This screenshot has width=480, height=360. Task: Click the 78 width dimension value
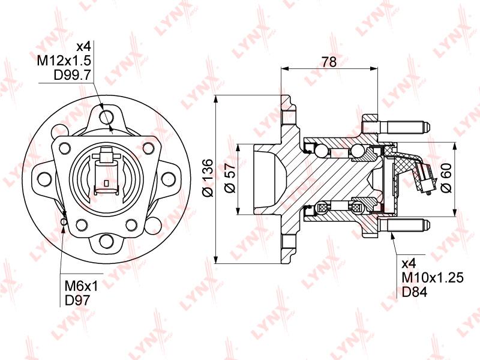(x=329, y=61)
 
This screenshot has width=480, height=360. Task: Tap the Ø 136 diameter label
(x=208, y=178)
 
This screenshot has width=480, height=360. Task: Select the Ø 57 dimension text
(x=228, y=178)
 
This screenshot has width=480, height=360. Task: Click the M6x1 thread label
(x=80, y=286)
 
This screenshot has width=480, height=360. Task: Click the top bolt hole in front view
(x=107, y=116)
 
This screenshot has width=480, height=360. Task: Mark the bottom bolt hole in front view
(x=107, y=242)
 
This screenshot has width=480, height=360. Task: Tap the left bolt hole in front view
(x=44, y=179)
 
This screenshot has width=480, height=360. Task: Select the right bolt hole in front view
(x=170, y=179)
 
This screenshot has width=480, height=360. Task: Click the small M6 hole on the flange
(x=64, y=220)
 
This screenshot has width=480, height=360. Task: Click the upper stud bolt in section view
(x=402, y=127)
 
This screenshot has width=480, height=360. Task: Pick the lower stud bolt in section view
(x=402, y=227)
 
